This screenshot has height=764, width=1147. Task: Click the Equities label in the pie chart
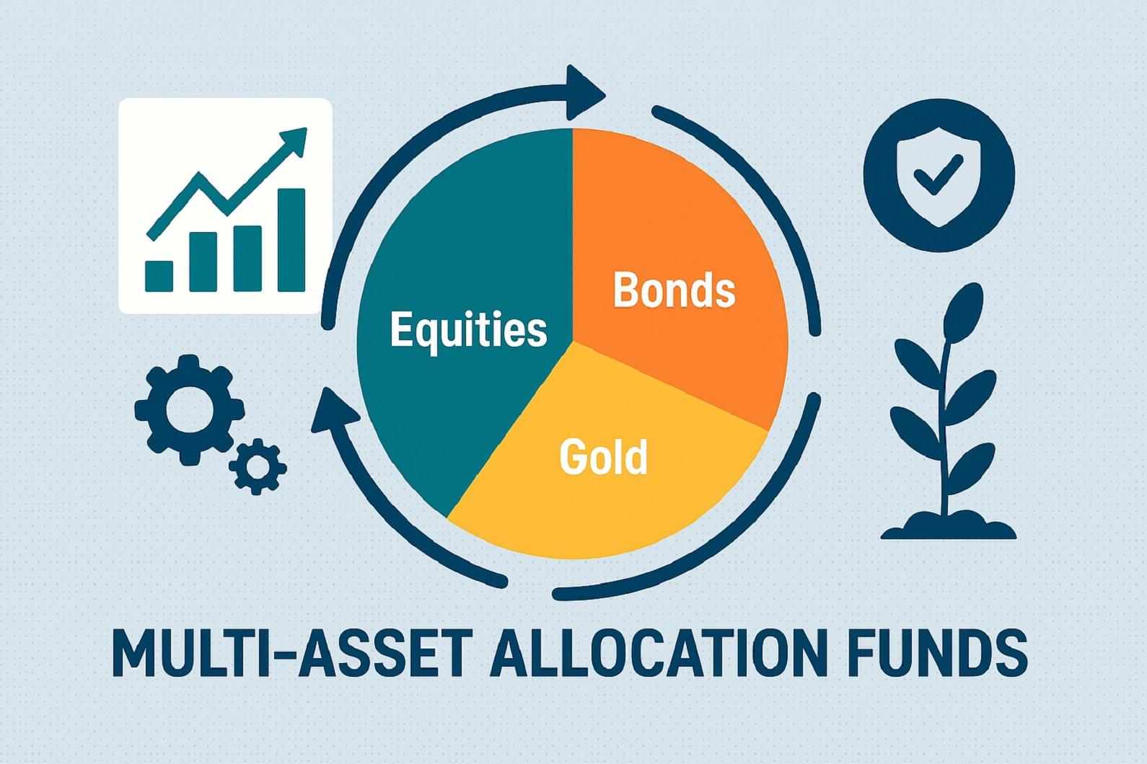[x=468, y=331]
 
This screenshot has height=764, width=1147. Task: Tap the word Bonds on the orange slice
[x=674, y=290]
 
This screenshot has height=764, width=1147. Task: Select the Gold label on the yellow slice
[x=603, y=456]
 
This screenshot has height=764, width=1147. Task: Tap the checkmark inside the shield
[x=939, y=175]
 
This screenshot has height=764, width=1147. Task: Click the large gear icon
[x=190, y=410]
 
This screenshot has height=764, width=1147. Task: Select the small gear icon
[x=257, y=466]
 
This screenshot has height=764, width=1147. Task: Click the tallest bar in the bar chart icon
[x=291, y=240]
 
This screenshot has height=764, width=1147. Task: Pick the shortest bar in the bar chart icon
[x=159, y=276]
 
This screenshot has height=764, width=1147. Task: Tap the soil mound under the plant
[x=949, y=528]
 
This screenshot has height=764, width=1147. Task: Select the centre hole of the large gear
[x=189, y=410]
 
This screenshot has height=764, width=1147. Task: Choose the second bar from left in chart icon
[x=203, y=262]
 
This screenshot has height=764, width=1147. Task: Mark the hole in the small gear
[x=257, y=467]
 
